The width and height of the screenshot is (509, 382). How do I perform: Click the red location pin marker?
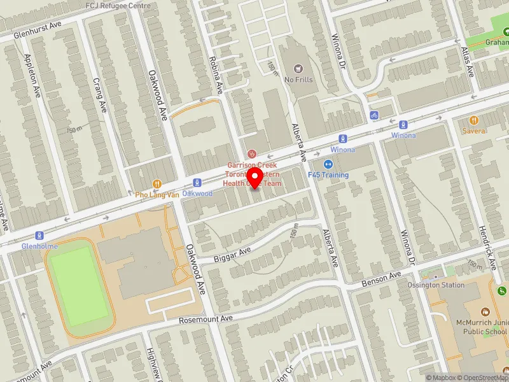[254, 177]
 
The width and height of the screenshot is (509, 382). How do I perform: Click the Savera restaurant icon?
[473, 120]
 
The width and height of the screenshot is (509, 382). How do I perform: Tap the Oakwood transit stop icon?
[198, 183]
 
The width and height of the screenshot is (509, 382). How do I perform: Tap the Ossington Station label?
[436, 285]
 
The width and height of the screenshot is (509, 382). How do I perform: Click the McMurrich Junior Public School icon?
[485, 311]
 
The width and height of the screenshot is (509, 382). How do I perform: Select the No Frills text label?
[299, 80]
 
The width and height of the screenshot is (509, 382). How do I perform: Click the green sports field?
[79, 286]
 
